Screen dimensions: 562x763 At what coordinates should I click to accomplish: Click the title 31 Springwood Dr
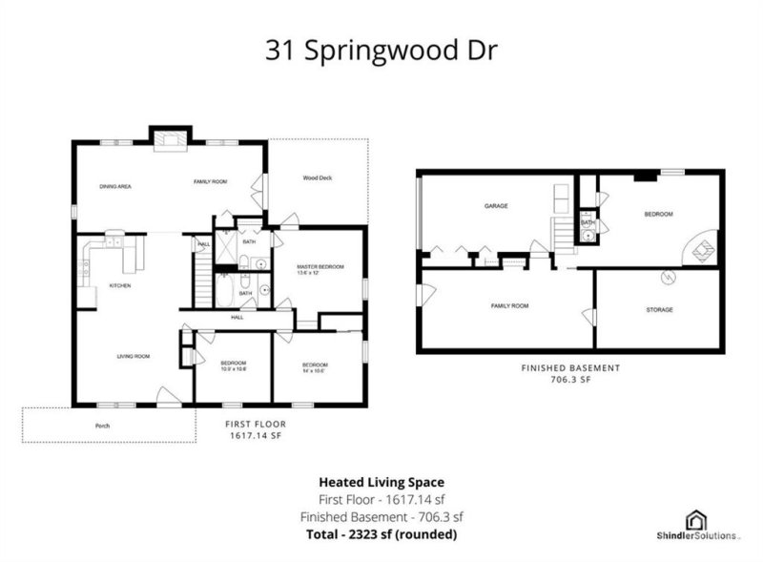point(381,51)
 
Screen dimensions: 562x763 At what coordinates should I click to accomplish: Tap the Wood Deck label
point(317,178)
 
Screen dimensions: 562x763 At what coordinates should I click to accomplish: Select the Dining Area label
point(114,187)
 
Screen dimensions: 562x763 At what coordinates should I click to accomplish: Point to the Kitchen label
point(119,285)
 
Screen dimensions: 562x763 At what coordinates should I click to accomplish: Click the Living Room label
point(134,356)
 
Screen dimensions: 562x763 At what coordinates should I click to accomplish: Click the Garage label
point(494,206)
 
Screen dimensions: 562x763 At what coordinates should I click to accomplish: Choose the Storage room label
point(659,310)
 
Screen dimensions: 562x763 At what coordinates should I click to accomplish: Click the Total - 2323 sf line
point(381,533)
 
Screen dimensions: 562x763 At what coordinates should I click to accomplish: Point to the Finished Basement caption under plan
point(570,368)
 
